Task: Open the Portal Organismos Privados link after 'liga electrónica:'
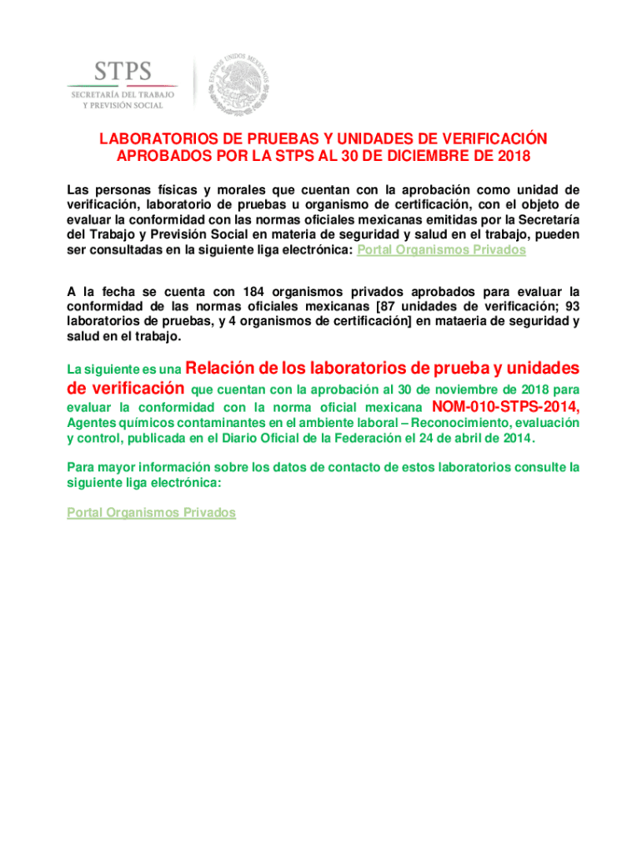click(441, 250)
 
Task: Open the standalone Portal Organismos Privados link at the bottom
click(151, 513)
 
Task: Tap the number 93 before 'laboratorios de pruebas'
click(570, 307)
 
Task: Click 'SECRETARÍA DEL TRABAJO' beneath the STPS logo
click(121, 96)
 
